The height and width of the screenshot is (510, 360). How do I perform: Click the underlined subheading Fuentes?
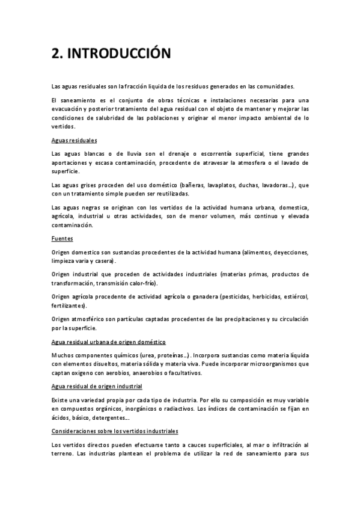(62, 238)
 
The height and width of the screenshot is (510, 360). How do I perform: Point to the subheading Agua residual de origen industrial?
(97, 386)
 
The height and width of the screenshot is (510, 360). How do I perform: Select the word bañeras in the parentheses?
(200, 185)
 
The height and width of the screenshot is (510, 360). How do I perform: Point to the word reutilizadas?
(170, 194)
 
